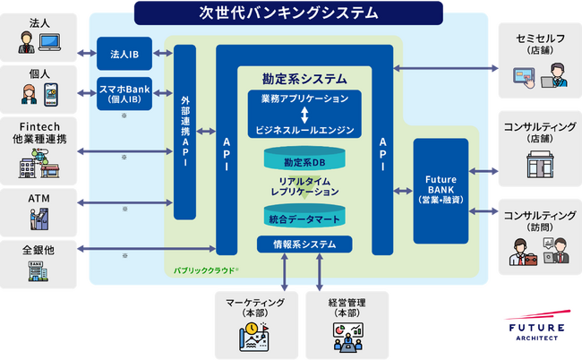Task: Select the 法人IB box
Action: pos(124,54)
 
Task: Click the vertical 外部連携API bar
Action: pos(184,132)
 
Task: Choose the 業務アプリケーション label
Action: pos(304,97)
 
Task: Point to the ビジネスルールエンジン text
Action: pos(304,130)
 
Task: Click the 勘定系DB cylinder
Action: pos(304,162)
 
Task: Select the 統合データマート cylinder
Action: pos(304,218)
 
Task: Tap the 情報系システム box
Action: pos(304,244)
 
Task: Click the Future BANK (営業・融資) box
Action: pos(440,191)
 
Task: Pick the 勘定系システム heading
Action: pos(304,77)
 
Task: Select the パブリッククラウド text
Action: pos(205,269)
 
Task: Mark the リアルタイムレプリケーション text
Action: pos(304,185)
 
